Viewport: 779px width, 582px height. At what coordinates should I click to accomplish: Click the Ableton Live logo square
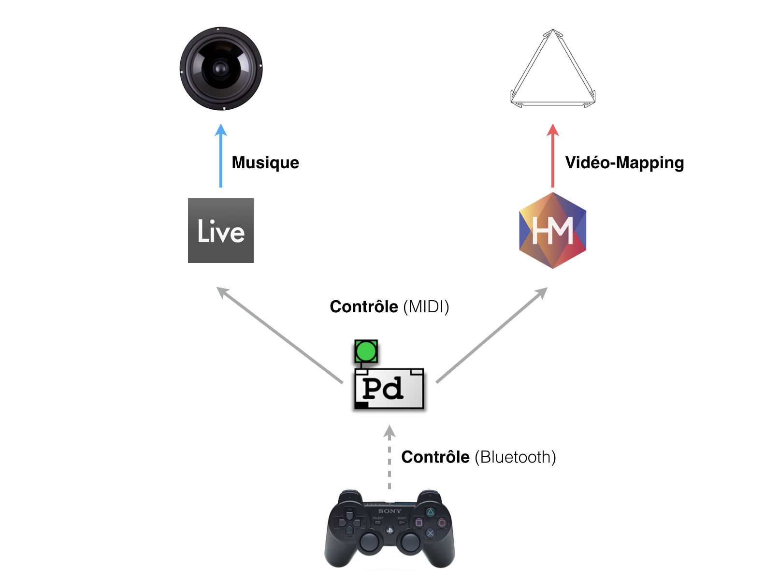[x=220, y=231]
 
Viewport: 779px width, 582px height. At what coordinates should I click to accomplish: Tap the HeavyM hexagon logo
[x=552, y=231]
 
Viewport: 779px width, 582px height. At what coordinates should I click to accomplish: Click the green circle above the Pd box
[x=366, y=351]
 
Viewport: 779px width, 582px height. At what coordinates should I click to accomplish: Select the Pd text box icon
[x=389, y=389]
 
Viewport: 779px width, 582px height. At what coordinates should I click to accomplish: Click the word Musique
[x=265, y=162]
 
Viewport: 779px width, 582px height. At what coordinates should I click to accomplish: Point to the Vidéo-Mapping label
[x=624, y=162]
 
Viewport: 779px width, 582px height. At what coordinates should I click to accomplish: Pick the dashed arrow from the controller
[x=389, y=457]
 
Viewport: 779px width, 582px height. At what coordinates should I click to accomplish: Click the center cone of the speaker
[x=221, y=68]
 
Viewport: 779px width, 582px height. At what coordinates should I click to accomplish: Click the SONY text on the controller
[x=389, y=511]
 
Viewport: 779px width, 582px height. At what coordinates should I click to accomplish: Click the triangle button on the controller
[x=430, y=512]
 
